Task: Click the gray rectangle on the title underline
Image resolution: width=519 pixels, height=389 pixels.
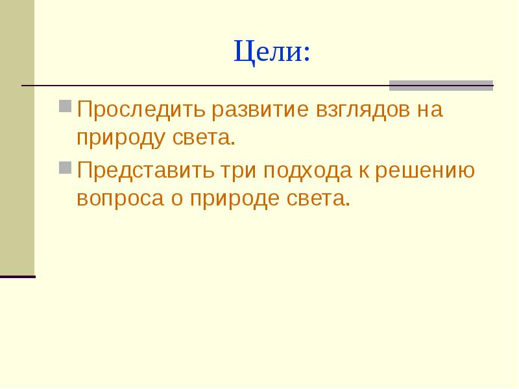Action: click(x=441, y=86)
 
